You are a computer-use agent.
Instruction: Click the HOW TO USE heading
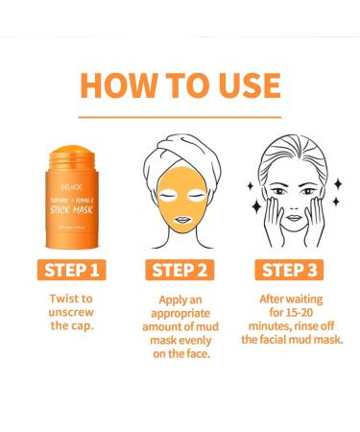click(x=180, y=84)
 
